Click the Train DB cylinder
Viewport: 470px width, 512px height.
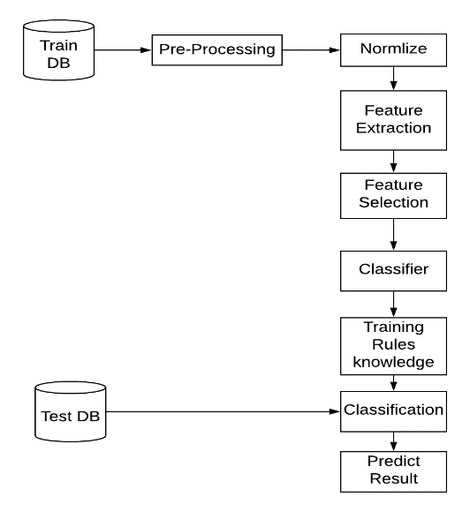click(x=59, y=50)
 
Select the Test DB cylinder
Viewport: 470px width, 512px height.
click(x=71, y=411)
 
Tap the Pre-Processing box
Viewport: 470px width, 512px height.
click(x=217, y=50)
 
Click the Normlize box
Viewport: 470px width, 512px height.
click(x=393, y=50)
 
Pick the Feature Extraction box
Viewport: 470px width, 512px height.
click(x=393, y=120)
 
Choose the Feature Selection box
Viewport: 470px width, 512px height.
click(x=393, y=196)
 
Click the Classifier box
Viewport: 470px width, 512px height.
click(x=393, y=271)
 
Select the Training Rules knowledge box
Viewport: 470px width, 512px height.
click(x=393, y=346)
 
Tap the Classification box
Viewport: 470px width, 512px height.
click(x=393, y=411)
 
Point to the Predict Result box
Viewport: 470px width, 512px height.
click(x=393, y=471)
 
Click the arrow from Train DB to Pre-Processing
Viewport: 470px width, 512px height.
click(x=123, y=50)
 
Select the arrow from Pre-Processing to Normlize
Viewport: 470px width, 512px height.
click(x=311, y=50)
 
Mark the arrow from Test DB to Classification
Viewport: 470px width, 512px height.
click(x=223, y=411)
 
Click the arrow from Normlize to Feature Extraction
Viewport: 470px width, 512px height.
click(x=393, y=79)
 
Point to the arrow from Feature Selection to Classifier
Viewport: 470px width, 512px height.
click(x=393, y=235)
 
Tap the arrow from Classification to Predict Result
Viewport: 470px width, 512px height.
click(x=393, y=441)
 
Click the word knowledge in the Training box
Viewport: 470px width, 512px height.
click(x=393, y=363)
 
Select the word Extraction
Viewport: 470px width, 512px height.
click(x=393, y=128)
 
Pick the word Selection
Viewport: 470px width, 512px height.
click(x=393, y=202)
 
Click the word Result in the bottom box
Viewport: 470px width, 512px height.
click(x=393, y=478)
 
